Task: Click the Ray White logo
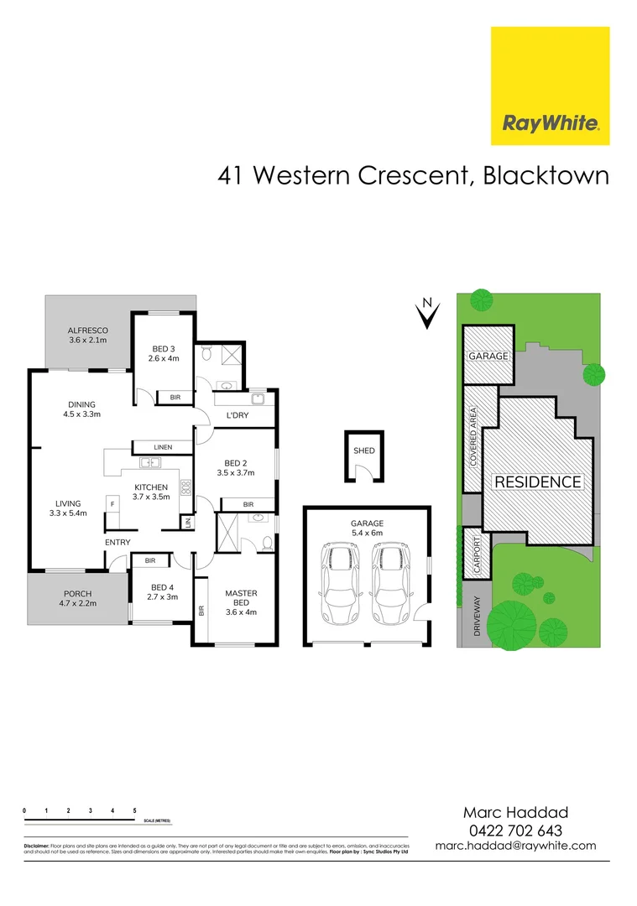pos(550,86)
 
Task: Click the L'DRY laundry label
pos(235,415)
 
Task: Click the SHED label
pos(363,451)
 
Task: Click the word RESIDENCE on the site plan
pos(537,482)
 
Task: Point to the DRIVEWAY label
pos(477,616)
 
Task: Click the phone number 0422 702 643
pos(515,830)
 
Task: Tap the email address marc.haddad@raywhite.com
pos(515,846)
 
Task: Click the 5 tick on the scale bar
pos(135,811)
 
